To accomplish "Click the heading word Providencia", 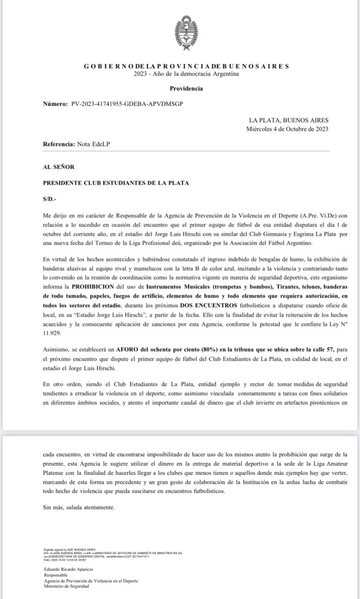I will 186,89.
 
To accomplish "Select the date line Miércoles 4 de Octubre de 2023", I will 287,129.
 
